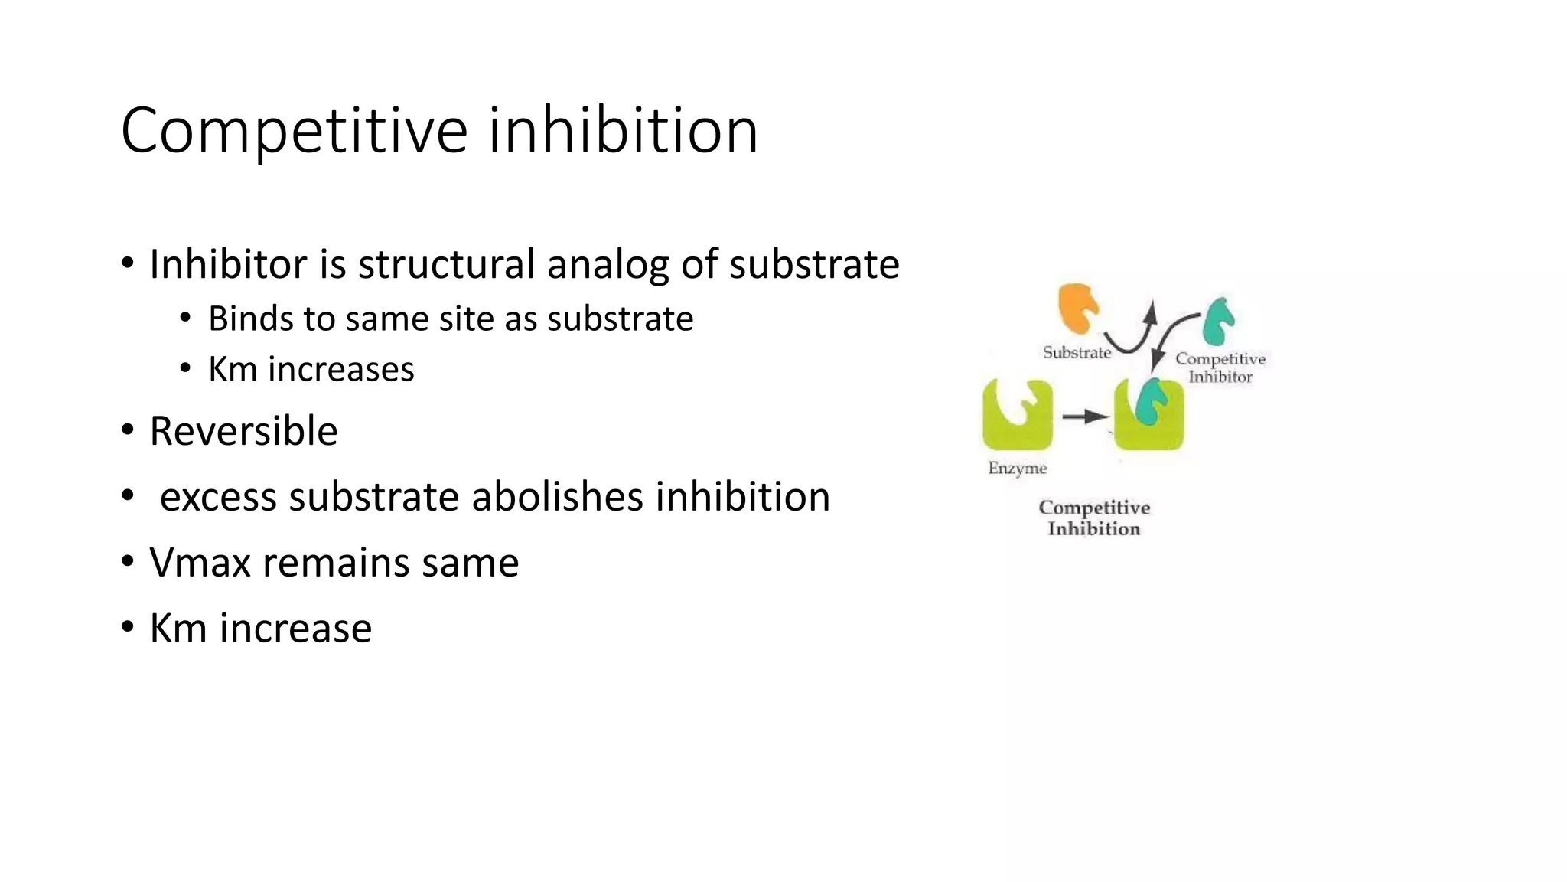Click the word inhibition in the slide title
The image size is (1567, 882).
click(623, 130)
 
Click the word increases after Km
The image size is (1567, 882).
click(340, 369)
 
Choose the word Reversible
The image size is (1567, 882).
click(243, 431)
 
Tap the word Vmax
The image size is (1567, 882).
click(200, 563)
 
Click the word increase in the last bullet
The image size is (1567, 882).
click(295, 629)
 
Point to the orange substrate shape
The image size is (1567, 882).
click(1077, 307)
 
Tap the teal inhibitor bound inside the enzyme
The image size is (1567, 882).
click(1150, 400)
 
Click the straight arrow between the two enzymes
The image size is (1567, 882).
click(1085, 416)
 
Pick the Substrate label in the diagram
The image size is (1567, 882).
click(1077, 353)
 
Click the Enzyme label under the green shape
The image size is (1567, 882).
click(1017, 468)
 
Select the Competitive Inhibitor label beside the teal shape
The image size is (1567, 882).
click(1220, 367)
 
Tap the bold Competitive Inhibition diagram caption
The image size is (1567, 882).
click(1094, 518)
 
